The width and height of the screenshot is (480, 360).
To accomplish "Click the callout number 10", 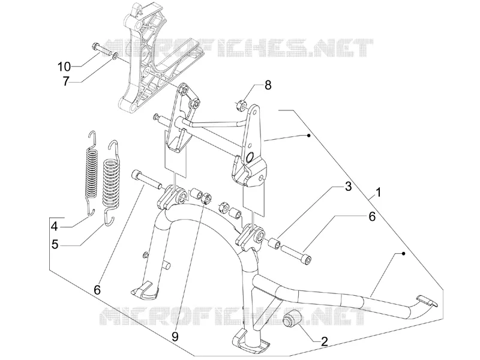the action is [64, 67].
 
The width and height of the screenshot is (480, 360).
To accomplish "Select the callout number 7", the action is [67, 82].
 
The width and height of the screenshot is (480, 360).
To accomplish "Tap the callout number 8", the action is [268, 85].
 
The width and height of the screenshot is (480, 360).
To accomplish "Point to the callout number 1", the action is [379, 193].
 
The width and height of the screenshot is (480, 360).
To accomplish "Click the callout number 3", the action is [349, 187].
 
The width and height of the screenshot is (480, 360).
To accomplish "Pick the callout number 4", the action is [55, 227].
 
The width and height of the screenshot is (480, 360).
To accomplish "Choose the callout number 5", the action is [55, 245].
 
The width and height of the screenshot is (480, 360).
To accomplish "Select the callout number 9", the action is [175, 337].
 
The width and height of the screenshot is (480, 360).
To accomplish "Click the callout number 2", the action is [324, 341].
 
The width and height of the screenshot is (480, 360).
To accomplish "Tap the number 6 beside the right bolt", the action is [371, 217].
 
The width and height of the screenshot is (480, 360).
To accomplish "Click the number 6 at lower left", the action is [97, 290].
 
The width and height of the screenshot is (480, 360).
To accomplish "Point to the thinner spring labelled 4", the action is [91, 173].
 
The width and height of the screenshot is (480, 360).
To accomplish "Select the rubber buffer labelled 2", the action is [291, 318].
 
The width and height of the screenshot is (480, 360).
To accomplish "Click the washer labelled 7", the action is [115, 55].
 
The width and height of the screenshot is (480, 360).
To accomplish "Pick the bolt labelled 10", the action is [101, 49].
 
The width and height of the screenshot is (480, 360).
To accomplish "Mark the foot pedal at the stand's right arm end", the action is [427, 301].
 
